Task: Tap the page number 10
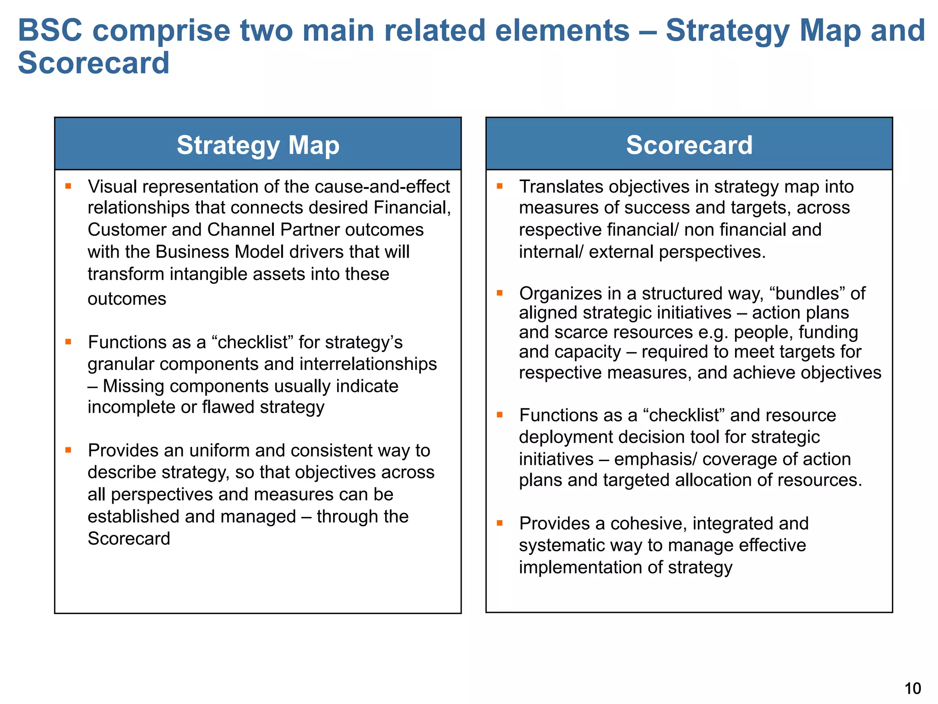click(913, 688)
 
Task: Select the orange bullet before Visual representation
click(68, 186)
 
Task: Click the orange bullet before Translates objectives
click(500, 186)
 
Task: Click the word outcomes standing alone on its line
click(127, 299)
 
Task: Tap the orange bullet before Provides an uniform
click(68, 450)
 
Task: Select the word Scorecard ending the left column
click(129, 539)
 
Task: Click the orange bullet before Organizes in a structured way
click(500, 293)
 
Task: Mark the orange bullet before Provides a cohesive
click(500, 523)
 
